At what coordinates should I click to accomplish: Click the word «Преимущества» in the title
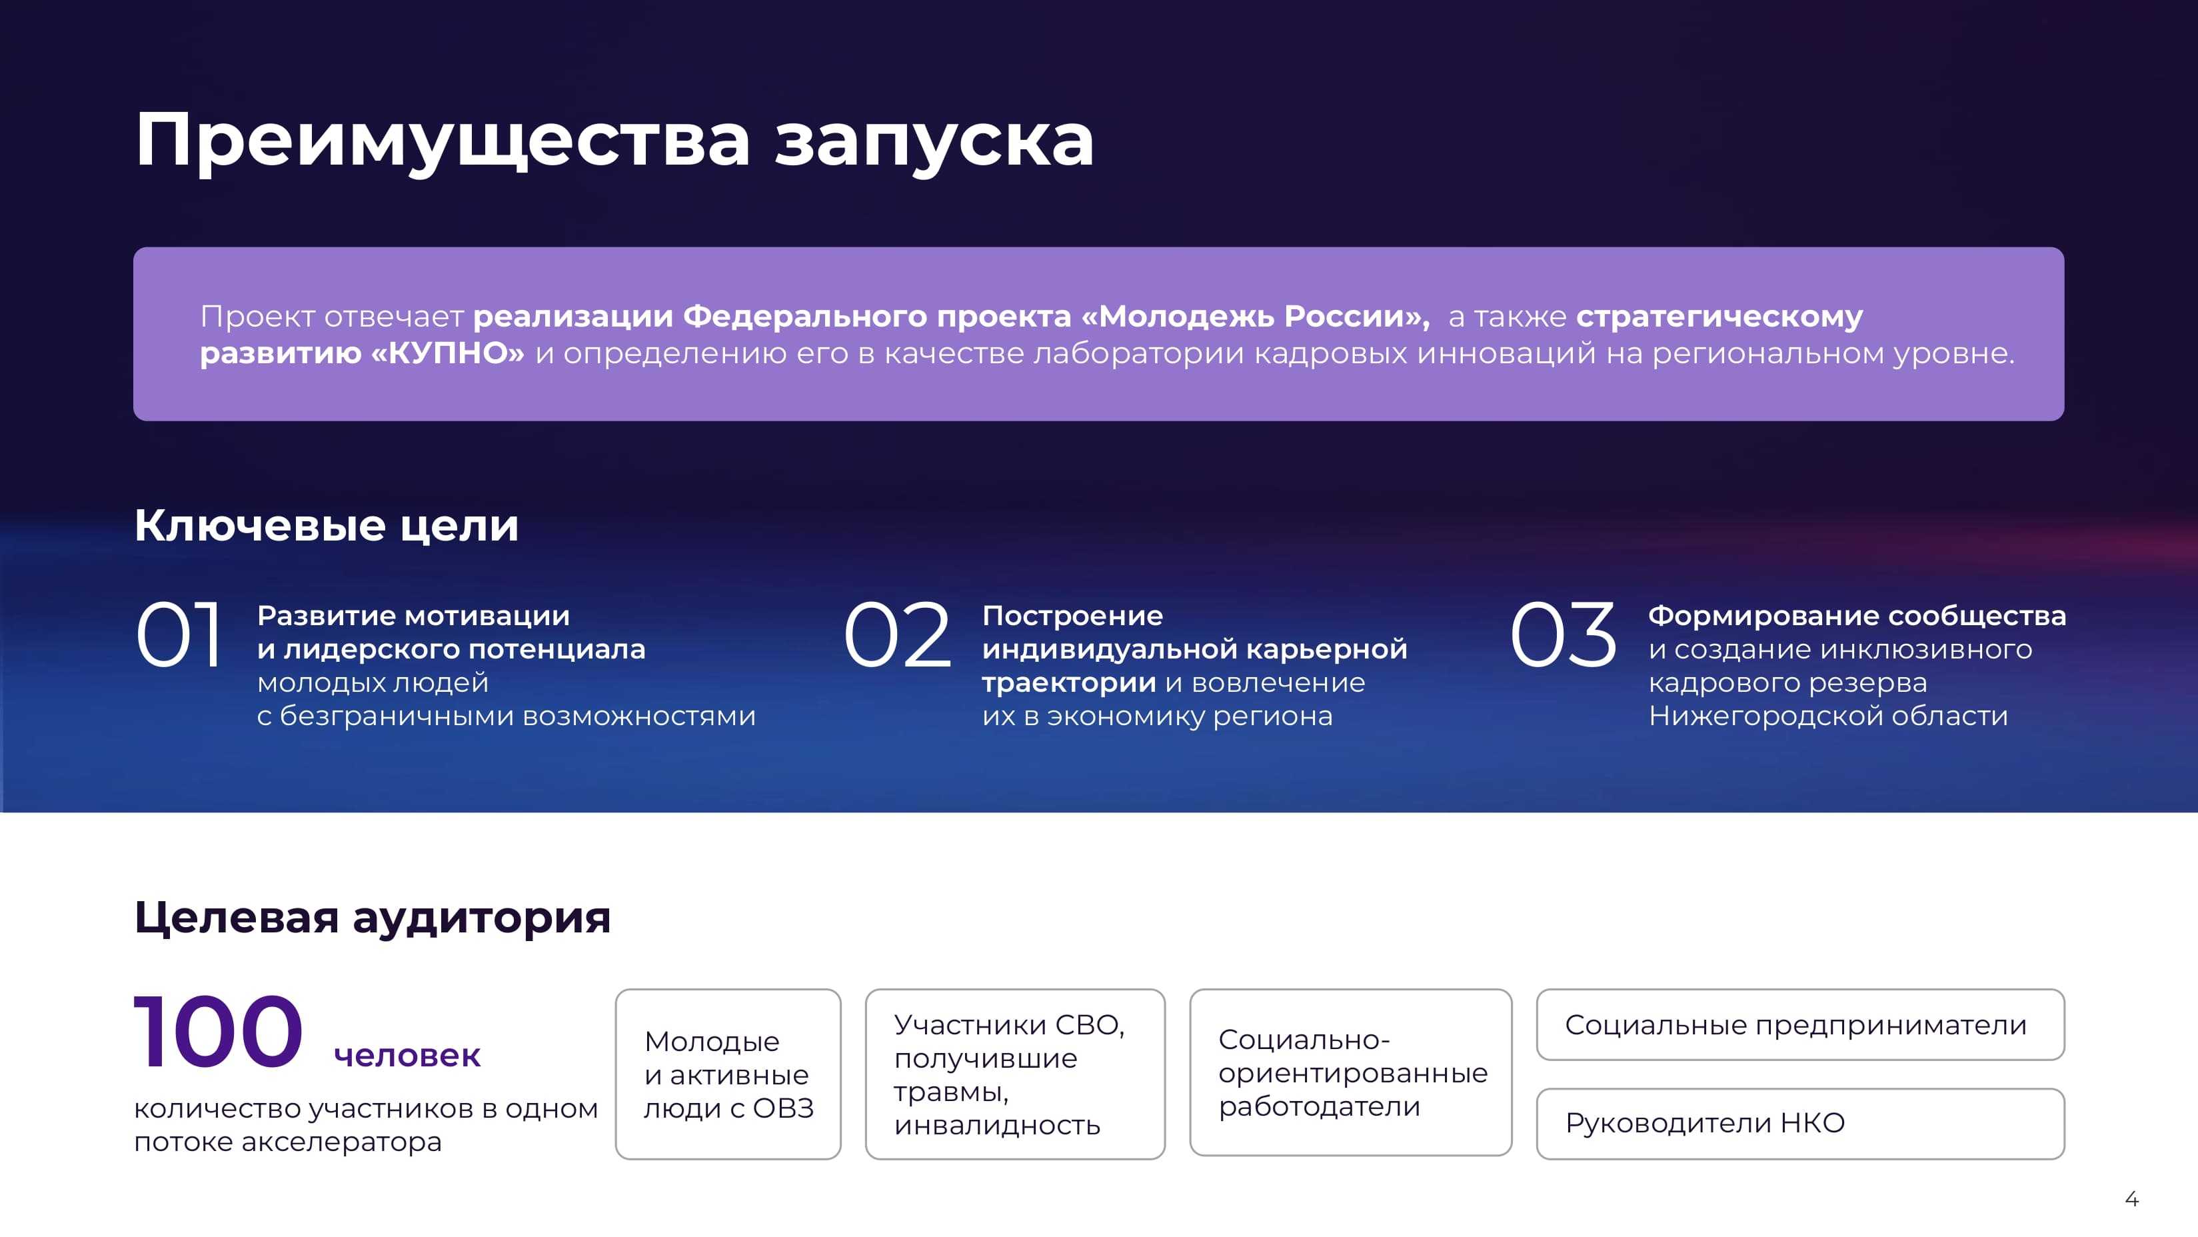[x=442, y=141]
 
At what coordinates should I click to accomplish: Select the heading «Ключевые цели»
[x=327, y=525]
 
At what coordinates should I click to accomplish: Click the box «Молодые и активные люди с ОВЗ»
[x=728, y=1074]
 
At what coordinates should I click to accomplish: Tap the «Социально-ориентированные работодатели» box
[x=1351, y=1072]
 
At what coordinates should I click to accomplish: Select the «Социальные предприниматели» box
[x=1800, y=1024]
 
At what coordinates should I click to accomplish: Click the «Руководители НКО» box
[x=1800, y=1124]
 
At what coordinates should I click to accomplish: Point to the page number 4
[x=2131, y=1200]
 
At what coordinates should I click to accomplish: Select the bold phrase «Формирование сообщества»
[x=1857, y=616]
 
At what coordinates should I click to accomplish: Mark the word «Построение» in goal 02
[x=1072, y=616]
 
